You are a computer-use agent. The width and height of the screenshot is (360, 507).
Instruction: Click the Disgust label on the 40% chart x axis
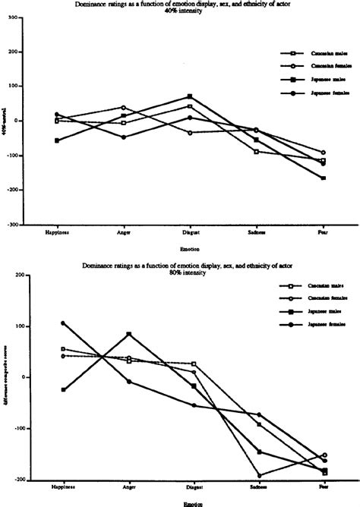pos(190,231)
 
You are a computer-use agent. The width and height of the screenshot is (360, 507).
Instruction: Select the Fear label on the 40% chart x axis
pos(323,231)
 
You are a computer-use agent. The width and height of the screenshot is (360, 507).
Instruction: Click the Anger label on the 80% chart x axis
pos(123,487)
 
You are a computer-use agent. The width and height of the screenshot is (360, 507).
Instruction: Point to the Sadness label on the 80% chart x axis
pos(257,487)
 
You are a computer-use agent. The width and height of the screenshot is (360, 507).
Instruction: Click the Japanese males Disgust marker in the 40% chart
pos(190,96)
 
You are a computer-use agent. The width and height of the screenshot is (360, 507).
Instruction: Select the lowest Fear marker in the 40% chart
pos(323,178)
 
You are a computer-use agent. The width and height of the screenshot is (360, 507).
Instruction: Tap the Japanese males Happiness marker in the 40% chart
pos(56,140)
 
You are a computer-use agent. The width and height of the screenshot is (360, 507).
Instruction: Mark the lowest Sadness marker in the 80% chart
pos(258,476)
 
